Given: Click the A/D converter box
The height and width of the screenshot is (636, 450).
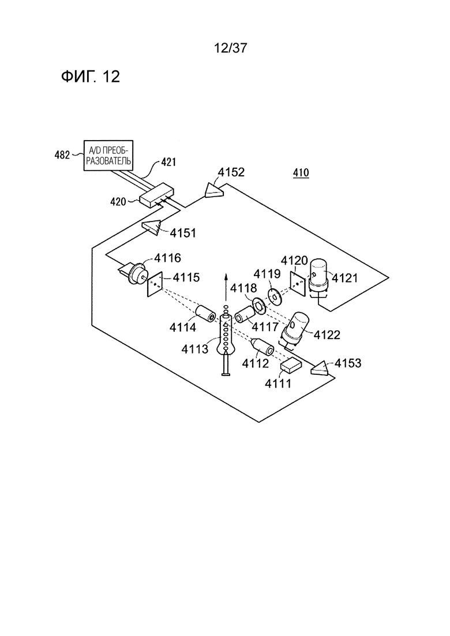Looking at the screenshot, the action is [x=108, y=155].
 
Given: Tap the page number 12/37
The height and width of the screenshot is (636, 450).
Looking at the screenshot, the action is [x=230, y=48].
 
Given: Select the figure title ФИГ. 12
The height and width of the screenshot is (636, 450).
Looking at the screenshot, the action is [x=91, y=76].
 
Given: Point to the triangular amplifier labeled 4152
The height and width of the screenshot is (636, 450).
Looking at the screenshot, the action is [x=213, y=190].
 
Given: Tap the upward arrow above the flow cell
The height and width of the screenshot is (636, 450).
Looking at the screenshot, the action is [x=226, y=287].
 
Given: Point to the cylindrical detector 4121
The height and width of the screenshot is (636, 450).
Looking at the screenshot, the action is [x=321, y=277].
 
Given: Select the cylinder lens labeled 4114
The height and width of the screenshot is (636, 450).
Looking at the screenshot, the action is [x=206, y=314].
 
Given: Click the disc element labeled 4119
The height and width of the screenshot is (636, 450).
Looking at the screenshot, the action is [x=275, y=296].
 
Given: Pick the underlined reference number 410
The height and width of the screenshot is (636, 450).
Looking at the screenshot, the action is [x=301, y=173].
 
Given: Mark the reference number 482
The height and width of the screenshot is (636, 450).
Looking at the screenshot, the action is [x=62, y=155].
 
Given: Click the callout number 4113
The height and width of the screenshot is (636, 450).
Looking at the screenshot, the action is [x=195, y=348].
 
